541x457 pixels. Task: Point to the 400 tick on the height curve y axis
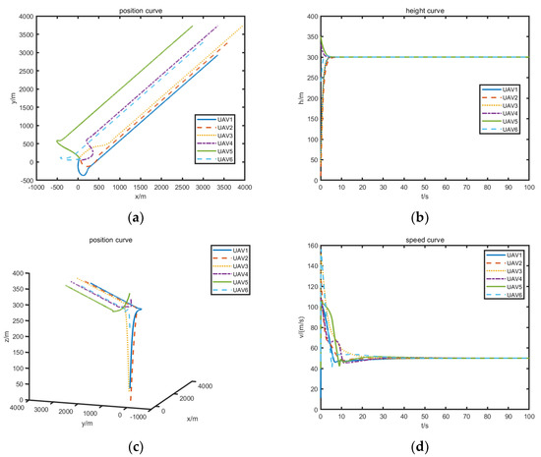coord(311,17)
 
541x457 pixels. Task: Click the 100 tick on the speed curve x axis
coord(528,414)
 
